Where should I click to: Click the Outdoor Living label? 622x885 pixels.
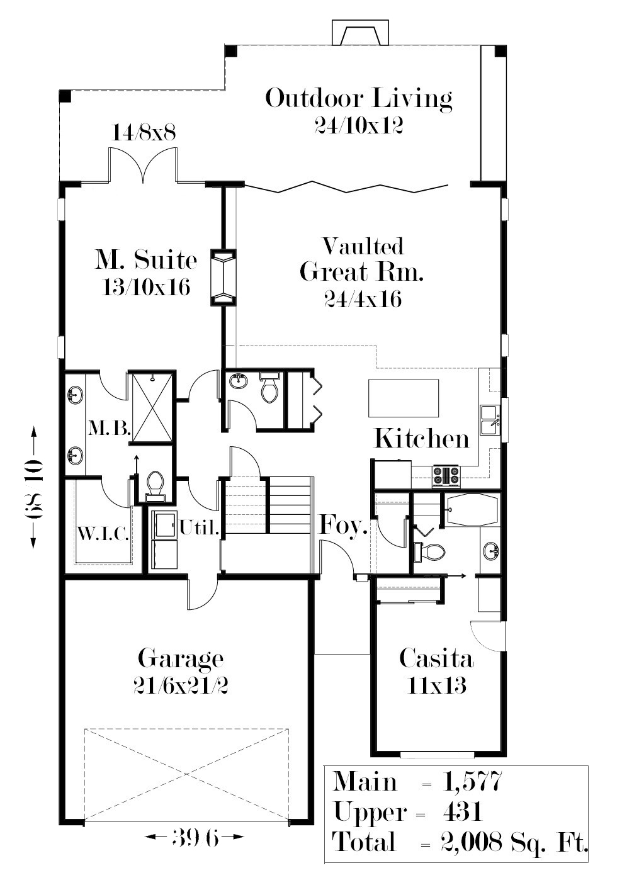click(358, 98)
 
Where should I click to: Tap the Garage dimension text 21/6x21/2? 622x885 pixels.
click(181, 686)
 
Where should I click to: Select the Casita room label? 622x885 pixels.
click(436, 658)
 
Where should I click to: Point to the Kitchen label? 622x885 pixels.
click(422, 438)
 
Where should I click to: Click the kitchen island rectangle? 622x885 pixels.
click(404, 398)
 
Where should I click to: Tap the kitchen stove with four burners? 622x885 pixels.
click(446, 475)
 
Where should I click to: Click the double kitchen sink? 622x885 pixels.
click(490, 420)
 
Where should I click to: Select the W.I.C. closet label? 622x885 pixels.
click(103, 535)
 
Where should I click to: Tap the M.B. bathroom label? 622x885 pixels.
click(110, 428)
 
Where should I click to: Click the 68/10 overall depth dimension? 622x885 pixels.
click(33, 488)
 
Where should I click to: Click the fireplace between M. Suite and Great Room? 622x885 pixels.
click(223, 278)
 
